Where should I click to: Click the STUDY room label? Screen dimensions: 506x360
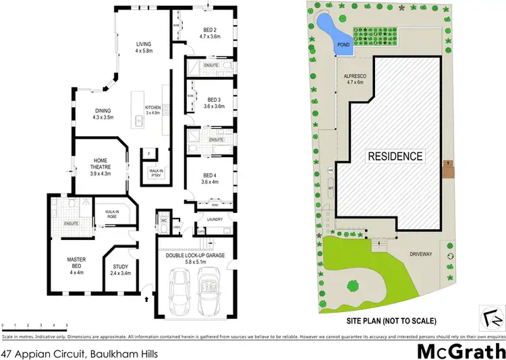click(120, 270)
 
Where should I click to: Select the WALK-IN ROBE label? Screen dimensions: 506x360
click(112, 214)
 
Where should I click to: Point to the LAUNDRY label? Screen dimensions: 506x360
click(215, 220)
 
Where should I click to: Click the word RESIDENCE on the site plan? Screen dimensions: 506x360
click(395, 156)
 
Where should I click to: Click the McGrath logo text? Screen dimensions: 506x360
click(458, 351)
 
